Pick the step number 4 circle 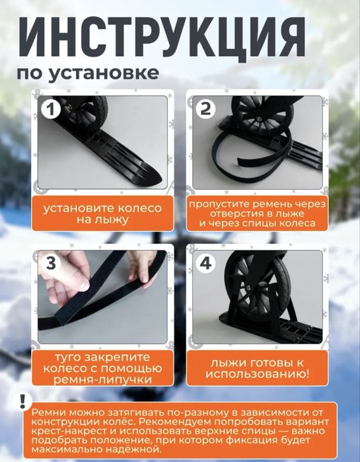(206, 263)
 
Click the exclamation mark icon (24, 401)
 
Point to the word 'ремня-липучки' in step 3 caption (102, 379)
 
